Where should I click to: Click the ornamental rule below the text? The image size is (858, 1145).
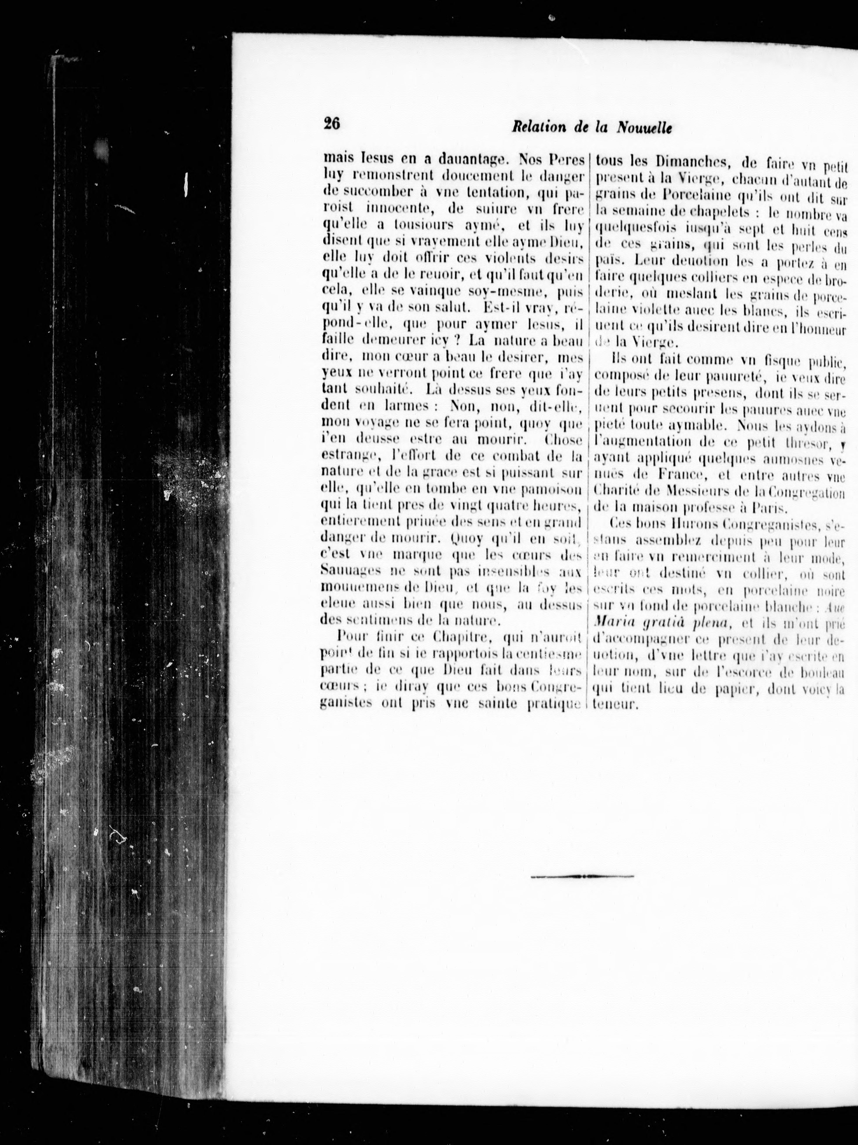pos(582,876)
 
